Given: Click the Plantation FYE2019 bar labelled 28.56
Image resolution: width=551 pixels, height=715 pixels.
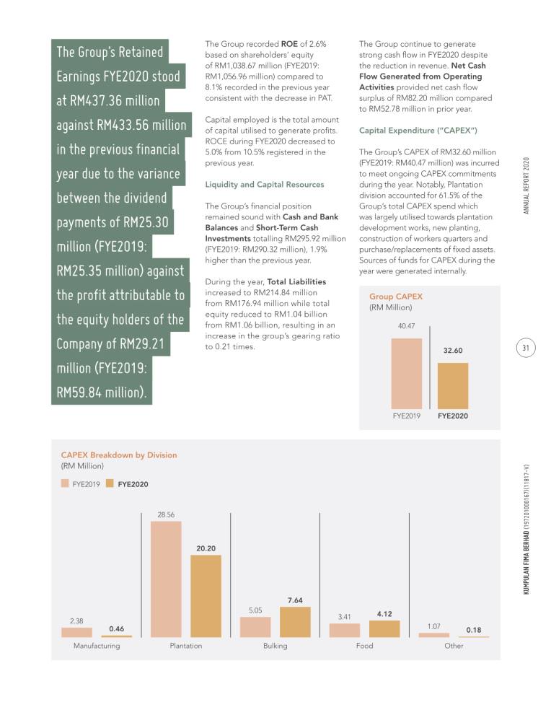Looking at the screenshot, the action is [166, 579].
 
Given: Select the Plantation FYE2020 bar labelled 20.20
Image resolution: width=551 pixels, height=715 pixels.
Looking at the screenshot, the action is [206, 596].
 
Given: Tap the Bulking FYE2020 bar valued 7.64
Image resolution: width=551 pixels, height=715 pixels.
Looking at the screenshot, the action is [295, 622].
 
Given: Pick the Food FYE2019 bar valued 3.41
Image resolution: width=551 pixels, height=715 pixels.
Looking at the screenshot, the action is [345, 630].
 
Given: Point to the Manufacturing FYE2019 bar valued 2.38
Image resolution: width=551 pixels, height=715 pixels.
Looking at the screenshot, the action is [76, 633].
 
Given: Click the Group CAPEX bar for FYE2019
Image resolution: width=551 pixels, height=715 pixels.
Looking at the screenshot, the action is [407, 374].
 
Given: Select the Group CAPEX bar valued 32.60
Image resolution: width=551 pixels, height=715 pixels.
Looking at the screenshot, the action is [453, 386].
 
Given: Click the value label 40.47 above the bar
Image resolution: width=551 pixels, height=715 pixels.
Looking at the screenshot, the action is [407, 326].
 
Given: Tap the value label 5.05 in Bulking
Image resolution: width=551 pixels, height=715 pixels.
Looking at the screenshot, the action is [255, 610].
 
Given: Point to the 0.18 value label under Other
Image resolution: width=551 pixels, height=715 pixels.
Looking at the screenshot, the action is [474, 630].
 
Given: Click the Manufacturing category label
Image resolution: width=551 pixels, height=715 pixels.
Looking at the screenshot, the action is [97, 646].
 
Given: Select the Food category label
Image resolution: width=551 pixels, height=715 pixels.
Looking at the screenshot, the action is [365, 646].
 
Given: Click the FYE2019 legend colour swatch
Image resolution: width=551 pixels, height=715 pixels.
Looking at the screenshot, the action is [65, 483].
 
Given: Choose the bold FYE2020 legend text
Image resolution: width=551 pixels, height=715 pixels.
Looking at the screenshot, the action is [133, 484].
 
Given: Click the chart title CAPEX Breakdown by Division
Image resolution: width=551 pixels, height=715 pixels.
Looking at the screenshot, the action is [119, 455].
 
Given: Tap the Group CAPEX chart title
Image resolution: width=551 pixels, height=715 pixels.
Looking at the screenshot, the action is [396, 297].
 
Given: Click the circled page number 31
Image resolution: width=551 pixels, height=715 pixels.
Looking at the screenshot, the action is [526, 348].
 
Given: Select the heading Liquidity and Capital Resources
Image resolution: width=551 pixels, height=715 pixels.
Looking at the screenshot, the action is [265, 185].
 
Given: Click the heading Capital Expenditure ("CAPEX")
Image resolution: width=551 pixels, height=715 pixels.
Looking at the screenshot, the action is [418, 131].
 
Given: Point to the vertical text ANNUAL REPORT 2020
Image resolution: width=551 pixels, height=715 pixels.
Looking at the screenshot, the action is [526, 185].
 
